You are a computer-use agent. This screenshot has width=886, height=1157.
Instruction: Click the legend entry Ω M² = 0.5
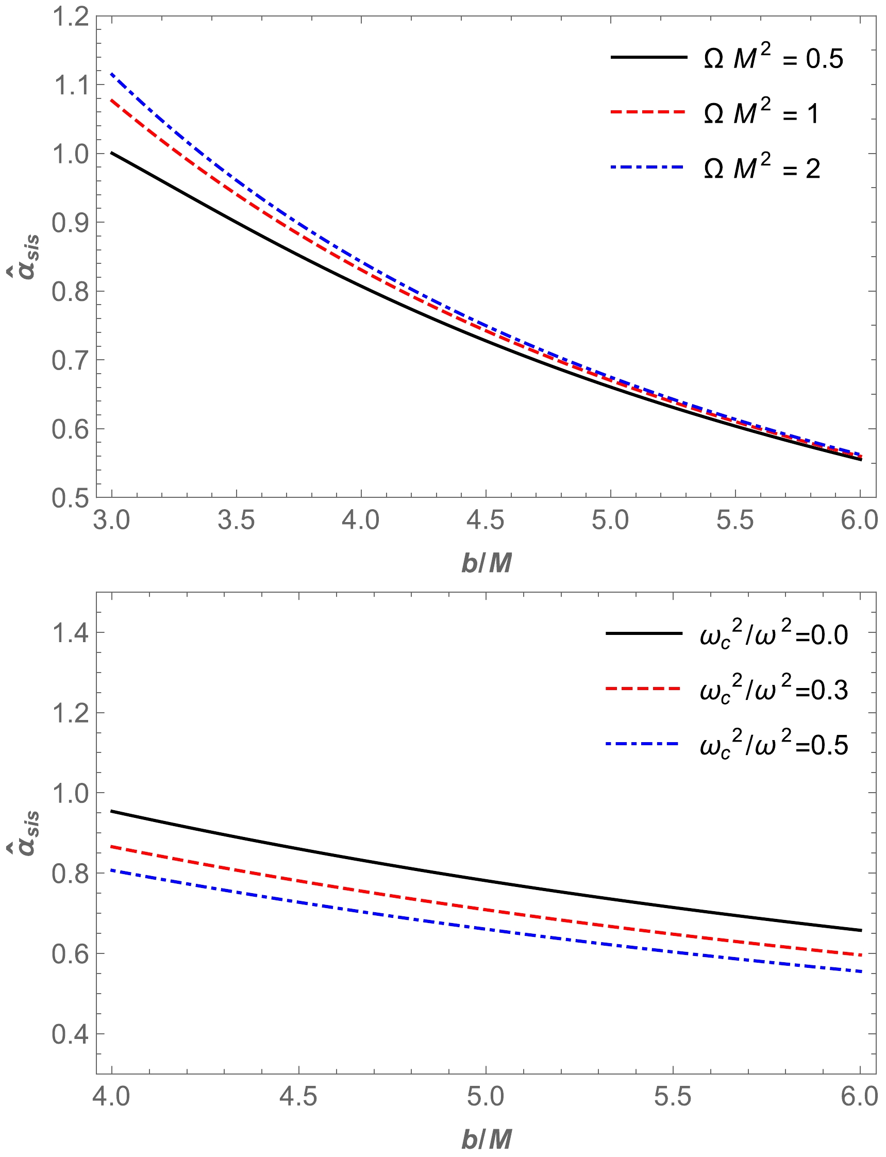tap(773, 58)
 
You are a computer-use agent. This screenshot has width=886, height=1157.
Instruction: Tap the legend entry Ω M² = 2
tap(762, 168)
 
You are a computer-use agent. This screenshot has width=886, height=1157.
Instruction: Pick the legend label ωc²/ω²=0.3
tap(774, 690)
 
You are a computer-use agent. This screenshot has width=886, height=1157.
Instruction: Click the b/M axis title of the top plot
tap(486, 563)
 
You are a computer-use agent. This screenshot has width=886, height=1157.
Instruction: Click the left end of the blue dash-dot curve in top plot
tap(112, 74)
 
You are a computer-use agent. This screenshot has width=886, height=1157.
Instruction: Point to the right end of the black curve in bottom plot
tap(860, 930)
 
